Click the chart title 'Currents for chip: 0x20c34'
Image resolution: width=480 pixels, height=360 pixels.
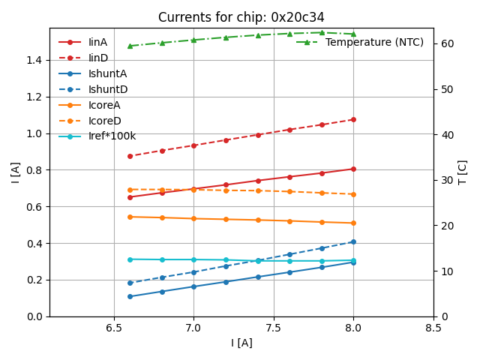click(241, 17)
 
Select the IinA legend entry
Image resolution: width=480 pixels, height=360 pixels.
click(98, 42)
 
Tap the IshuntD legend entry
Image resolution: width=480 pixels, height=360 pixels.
click(108, 89)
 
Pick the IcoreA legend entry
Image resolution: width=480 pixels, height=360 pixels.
click(104, 105)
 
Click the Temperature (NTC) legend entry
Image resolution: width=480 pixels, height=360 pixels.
click(374, 42)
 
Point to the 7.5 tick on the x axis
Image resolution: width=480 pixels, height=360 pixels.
click(274, 328)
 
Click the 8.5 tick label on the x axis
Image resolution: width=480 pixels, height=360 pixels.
click(433, 328)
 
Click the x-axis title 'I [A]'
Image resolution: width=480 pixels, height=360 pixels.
click(241, 343)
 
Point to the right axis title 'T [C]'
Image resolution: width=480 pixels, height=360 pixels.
click(463, 172)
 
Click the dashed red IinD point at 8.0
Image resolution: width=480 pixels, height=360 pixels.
click(353, 119)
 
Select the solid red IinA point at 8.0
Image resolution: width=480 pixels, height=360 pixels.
click(353, 169)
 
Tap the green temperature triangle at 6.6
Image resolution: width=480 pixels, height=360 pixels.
click(130, 46)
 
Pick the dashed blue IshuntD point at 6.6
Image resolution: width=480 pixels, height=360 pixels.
click(130, 283)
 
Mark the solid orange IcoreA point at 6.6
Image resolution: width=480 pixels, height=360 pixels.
click(130, 217)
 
